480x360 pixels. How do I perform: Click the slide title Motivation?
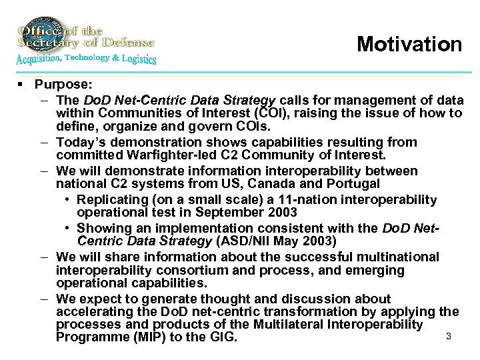point(409,44)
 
